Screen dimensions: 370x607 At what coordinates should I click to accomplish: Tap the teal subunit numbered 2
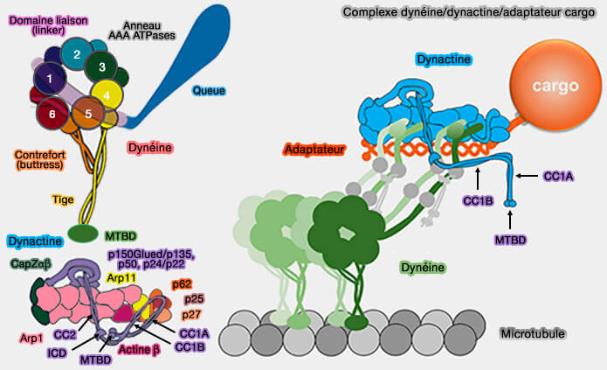(77, 55)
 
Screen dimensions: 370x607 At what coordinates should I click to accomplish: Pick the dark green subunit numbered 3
(103, 66)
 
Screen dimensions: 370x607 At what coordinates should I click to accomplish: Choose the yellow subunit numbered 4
(106, 92)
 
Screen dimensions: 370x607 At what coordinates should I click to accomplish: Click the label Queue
(209, 90)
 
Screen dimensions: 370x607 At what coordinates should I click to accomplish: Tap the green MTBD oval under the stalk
(82, 234)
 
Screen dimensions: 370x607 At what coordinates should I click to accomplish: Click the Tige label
(63, 199)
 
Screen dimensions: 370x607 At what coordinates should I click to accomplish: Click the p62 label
(183, 284)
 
